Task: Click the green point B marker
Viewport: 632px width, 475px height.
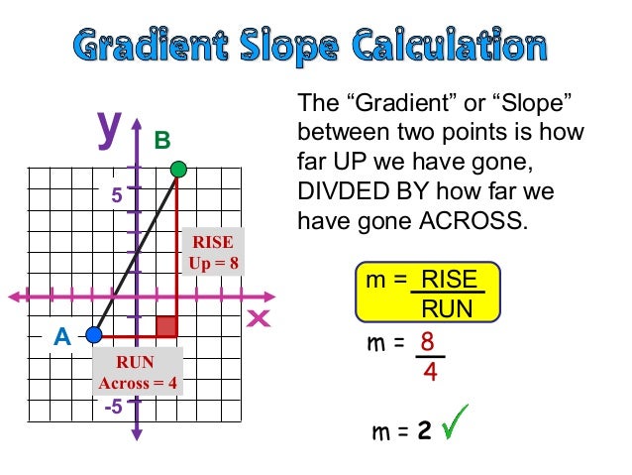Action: click(x=177, y=170)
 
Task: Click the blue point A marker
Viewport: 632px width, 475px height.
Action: click(x=94, y=334)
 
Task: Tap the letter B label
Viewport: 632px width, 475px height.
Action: click(x=162, y=141)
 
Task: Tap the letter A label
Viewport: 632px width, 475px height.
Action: click(x=62, y=337)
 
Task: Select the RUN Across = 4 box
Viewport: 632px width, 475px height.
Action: click(x=137, y=373)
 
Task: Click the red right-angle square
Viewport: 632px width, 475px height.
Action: click(x=166, y=325)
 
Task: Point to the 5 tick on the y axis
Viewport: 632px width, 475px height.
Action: click(x=117, y=196)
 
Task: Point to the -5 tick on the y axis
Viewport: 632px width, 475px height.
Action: click(x=114, y=407)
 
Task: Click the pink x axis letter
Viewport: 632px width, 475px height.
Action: click(x=259, y=318)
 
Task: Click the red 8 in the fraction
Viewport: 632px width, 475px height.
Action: click(x=428, y=342)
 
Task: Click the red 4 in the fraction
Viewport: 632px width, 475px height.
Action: click(x=430, y=373)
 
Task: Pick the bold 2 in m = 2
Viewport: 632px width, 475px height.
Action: click(x=424, y=431)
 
